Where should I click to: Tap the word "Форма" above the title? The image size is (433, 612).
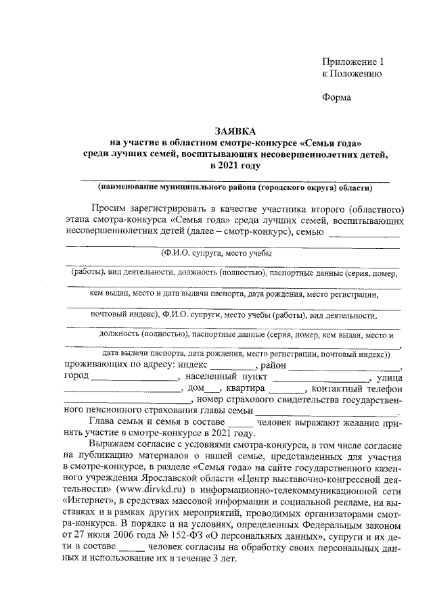(336, 97)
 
